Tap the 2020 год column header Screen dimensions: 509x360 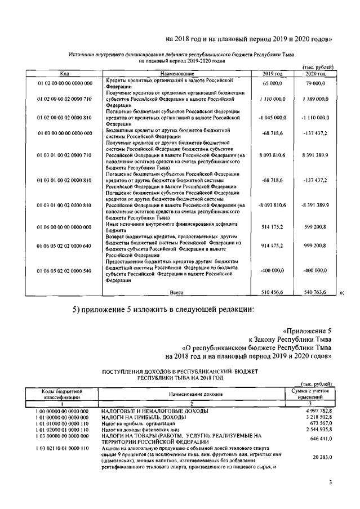[315, 74]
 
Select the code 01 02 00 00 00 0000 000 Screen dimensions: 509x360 [65, 83]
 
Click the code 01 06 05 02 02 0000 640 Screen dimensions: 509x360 [65, 246]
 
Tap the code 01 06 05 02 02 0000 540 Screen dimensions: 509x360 [65, 271]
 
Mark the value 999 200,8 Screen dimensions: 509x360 [317, 246]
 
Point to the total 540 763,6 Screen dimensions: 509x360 [317, 293]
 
